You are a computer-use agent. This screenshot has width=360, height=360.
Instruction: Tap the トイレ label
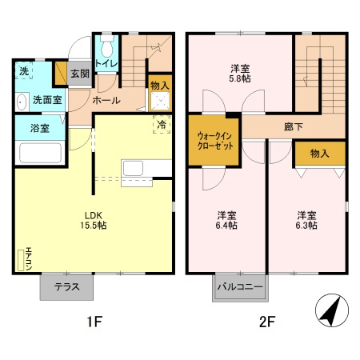pyautogui.click(x=106, y=63)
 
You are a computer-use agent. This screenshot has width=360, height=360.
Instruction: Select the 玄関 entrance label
pyautogui.click(x=79, y=74)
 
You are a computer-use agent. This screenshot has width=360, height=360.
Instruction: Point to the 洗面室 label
pyautogui.click(x=42, y=101)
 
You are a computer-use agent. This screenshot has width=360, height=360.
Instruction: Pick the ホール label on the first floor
pyautogui.click(x=106, y=101)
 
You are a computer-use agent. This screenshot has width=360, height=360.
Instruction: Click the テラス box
pyautogui.click(x=66, y=288)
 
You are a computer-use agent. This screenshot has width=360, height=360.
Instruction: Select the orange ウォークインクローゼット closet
pyautogui.click(x=214, y=141)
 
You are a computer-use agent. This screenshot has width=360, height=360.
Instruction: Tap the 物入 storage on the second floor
pyautogui.click(x=319, y=152)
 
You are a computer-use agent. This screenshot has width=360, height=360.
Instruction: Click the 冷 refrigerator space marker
pyautogui.click(x=161, y=125)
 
